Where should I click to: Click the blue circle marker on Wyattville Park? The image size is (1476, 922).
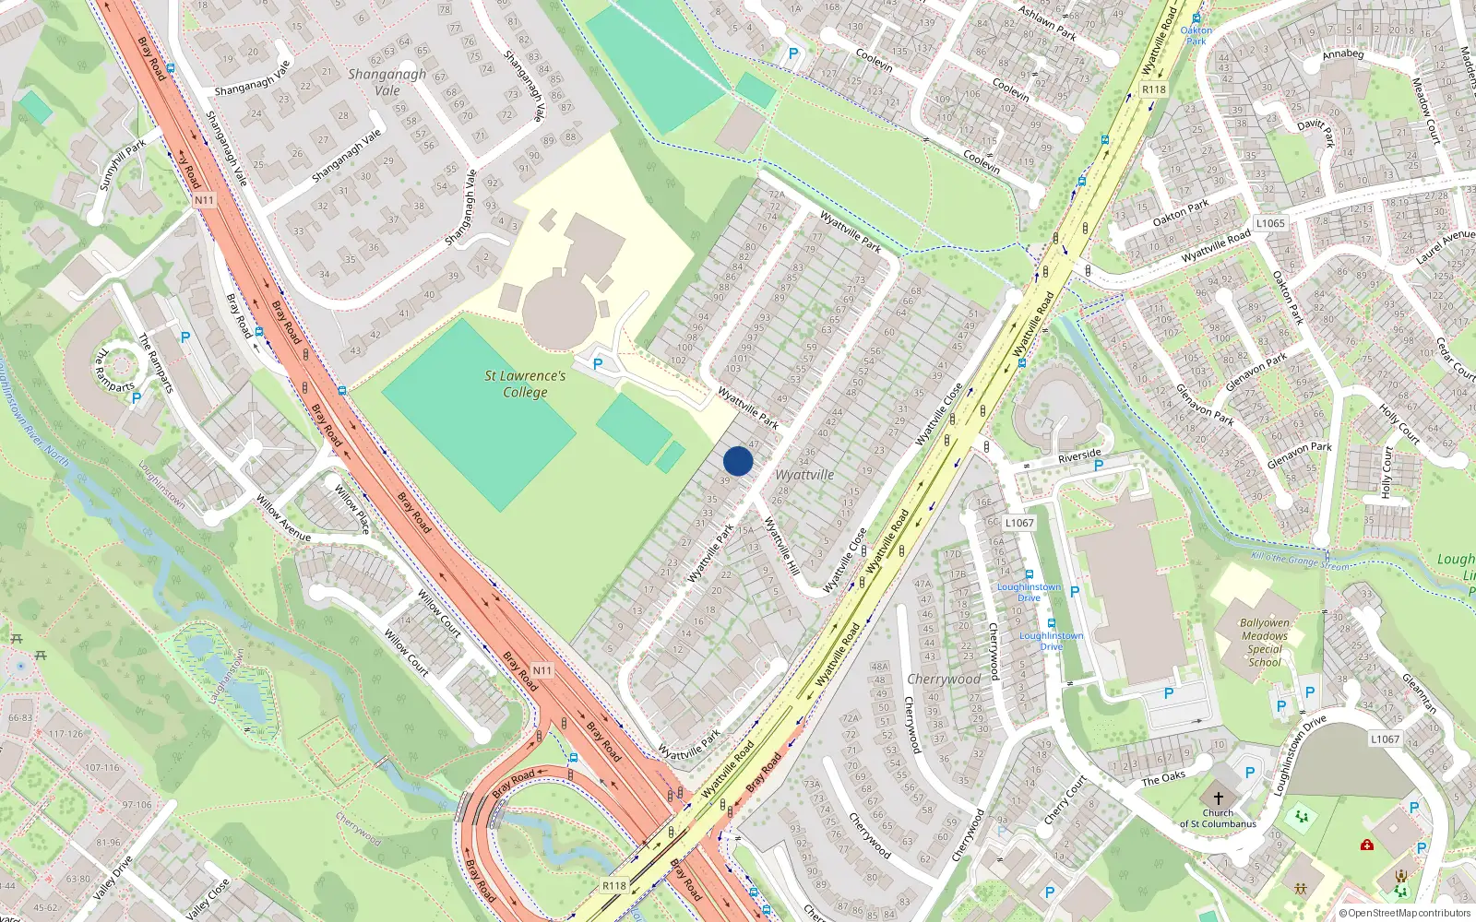[738, 461]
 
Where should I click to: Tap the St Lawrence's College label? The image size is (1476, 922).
[525, 384]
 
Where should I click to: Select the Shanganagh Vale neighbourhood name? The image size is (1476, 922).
[387, 82]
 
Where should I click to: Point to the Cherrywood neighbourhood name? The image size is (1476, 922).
[944, 679]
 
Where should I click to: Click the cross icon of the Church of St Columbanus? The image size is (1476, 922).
[1218, 798]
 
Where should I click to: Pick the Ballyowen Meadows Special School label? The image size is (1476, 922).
[1265, 643]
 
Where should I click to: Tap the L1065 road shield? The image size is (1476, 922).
[1270, 223]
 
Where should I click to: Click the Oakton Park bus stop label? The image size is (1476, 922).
[1196, 35]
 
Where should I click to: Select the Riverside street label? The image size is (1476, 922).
[1079, 455]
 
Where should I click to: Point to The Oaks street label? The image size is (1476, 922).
[1163, 778]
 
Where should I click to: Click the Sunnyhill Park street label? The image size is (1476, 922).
[123, 165]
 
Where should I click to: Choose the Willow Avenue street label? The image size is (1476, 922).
[283, 518]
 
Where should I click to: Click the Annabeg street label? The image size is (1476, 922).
[1342, 53]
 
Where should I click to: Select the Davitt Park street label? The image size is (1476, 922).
[1315, 132]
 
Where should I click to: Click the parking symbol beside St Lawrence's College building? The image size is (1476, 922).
[598, 364]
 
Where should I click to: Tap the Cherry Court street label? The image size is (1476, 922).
[1065, 800]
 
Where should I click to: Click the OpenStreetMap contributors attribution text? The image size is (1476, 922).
[1406, 914]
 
